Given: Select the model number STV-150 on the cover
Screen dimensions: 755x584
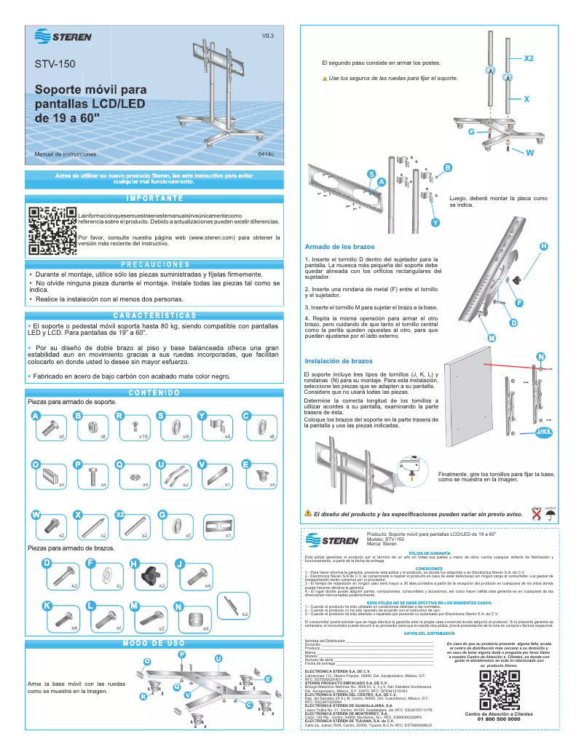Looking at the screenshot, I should point(55,64).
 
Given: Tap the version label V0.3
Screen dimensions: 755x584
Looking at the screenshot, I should point(268,36).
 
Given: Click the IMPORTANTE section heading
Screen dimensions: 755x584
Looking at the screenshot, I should point(154,198).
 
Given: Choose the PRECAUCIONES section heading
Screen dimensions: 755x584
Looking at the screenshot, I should point(154,264).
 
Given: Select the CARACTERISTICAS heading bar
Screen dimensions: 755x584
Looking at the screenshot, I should point(154,315).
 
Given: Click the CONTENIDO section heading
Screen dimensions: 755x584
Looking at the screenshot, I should point(154,393).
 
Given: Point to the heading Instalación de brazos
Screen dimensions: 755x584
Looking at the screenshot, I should point(338,361).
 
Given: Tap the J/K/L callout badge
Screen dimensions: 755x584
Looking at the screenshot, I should point(544,432).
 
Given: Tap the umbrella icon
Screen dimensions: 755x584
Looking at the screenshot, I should point(551,514).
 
